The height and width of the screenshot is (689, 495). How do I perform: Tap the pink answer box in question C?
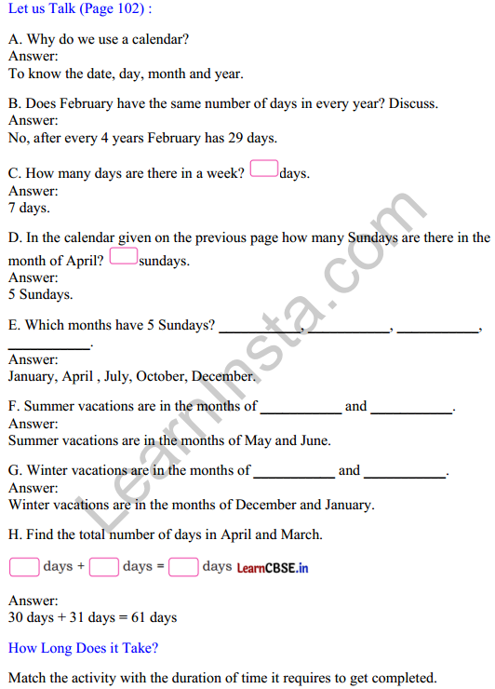coord(264,170)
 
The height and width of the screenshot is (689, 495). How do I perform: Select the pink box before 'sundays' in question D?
coord(124,256)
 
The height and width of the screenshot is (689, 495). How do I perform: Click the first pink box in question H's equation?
coord(24,567)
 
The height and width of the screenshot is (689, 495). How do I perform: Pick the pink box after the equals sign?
coord(184,567)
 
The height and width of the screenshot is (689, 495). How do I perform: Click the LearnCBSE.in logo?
coord(273,568)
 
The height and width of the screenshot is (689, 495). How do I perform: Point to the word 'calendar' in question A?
coord(160,40)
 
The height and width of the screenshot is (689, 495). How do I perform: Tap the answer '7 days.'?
coord(29,208)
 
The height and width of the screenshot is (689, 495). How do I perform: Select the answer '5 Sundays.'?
coord(40,294)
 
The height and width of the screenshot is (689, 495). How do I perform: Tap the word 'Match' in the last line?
coord(28,678)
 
